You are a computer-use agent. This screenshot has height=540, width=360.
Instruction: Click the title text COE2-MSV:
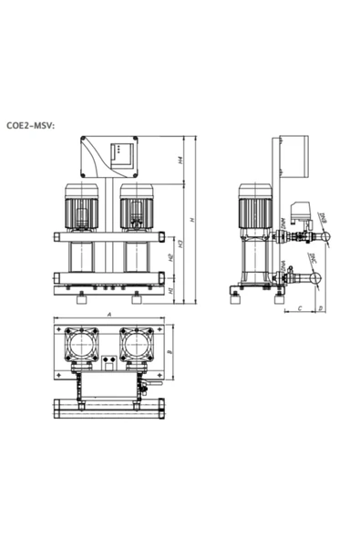[31, 127]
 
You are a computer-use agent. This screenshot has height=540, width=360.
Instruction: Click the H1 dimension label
[172, 290]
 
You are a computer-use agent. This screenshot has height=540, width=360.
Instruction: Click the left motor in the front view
[80, 206]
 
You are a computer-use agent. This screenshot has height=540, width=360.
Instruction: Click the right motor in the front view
[137, 206]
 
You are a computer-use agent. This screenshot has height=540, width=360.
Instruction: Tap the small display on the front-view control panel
[121, 154]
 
